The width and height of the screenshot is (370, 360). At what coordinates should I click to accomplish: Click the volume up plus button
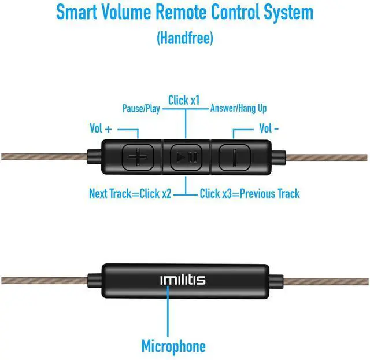click(139, 156)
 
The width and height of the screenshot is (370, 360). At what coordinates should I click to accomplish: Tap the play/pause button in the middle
click(186, 156)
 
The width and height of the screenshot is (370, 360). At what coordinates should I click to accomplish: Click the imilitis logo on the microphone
click(183, 281)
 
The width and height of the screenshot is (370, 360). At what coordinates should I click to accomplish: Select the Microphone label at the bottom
click(173, 346)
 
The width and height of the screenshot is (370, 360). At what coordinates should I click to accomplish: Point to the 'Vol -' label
click(269, 128)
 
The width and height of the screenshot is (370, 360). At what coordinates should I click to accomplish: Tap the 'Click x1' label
click(184, 101)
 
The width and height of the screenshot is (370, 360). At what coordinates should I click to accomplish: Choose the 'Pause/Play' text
click(141, 108)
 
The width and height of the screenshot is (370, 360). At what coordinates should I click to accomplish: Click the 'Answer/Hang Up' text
click(238, 108)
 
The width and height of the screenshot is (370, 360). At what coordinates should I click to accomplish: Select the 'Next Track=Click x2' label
click(130, 193)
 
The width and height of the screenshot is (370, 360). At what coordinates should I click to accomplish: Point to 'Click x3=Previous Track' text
click(250, 193)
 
